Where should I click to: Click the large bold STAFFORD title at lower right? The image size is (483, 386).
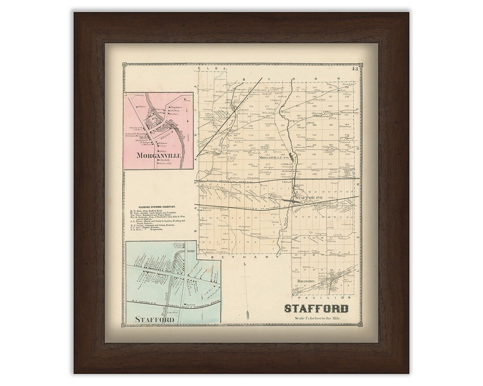(316, 309)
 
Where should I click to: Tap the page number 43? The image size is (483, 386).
(355, 68)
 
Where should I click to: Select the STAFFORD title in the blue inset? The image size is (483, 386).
(153, 319)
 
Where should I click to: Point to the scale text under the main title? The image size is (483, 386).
(316, 318)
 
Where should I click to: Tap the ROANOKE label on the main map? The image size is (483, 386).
(305, 281)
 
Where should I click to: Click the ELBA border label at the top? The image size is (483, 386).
(210, 69)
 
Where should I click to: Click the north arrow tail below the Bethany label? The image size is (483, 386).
(246, 281)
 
